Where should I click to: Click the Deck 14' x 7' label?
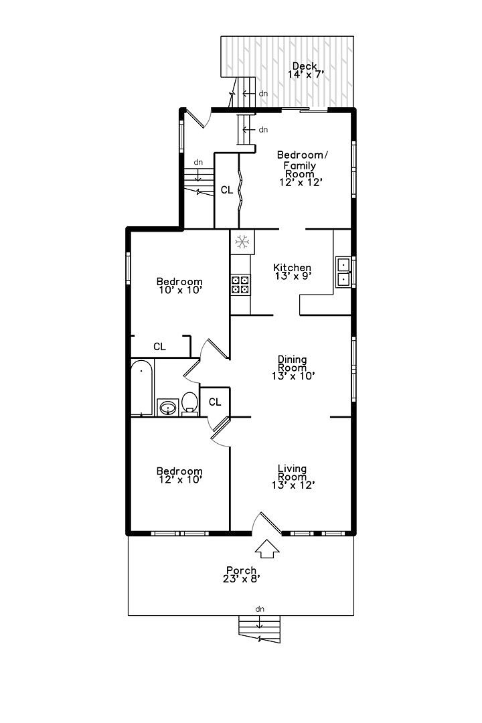[x=306, y=70]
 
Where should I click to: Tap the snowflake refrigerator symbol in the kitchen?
[x=242, y=242]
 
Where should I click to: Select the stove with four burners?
[x=240, y=285]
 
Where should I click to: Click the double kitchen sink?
[x=343, y=271]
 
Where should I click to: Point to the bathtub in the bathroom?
[x=142, y=388]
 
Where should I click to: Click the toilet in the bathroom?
[x=189, y=403]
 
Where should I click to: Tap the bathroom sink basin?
[x=167, y=407]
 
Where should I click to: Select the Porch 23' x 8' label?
[x=241, y=575]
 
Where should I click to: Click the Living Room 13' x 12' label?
[x=293, y=477]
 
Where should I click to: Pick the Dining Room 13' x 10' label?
[x=293, y=368]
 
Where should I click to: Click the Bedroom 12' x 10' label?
[x=179, y=475]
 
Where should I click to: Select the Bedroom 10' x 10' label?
[x=179, y=286]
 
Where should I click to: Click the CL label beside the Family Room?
[x=227, y=190]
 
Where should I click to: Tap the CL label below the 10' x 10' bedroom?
[x=159, y=347]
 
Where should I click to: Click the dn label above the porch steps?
[x=260, y=609]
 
